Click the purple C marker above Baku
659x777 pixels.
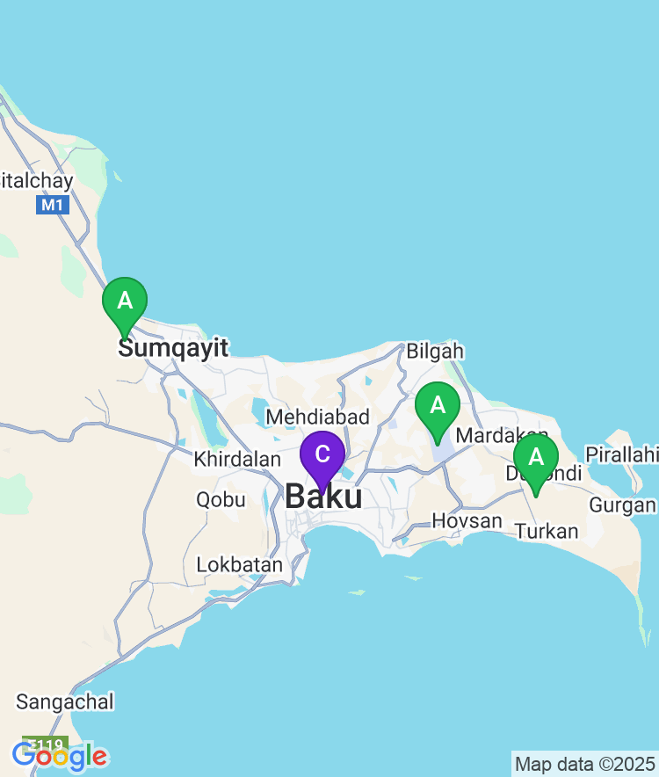(322, 455)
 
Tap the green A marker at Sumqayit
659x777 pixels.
(125, 301)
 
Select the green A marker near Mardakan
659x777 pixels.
(438, 407)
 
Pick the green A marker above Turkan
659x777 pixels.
(536, 458)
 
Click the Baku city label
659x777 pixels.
(323, 497)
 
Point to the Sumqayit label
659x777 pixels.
(173, 348)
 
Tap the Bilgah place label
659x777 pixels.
(434, 352)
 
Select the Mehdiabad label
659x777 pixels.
(317, 417)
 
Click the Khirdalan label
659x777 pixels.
(236, 459)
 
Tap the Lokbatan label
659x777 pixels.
(240, 564)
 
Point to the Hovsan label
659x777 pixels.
(467, 521)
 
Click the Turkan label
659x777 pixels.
(547, 531)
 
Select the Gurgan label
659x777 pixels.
(622, 505)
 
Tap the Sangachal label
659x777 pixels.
(65, 701)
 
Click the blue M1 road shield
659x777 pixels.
(52, 206)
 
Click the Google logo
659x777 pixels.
(60, 755)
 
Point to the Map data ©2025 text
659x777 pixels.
(584, 763)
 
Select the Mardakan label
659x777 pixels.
(503, 435)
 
